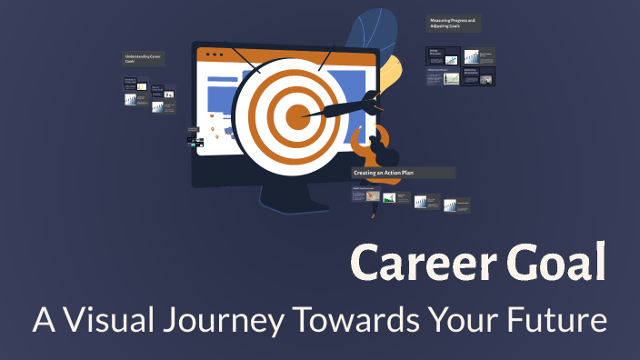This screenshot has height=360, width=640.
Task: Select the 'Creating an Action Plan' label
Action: coord(403,172)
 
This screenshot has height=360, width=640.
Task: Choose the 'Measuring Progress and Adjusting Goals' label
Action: coord(458,23)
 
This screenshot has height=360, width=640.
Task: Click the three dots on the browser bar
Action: coord(215,55)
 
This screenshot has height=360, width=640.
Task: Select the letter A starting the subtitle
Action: coord(44,321)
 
